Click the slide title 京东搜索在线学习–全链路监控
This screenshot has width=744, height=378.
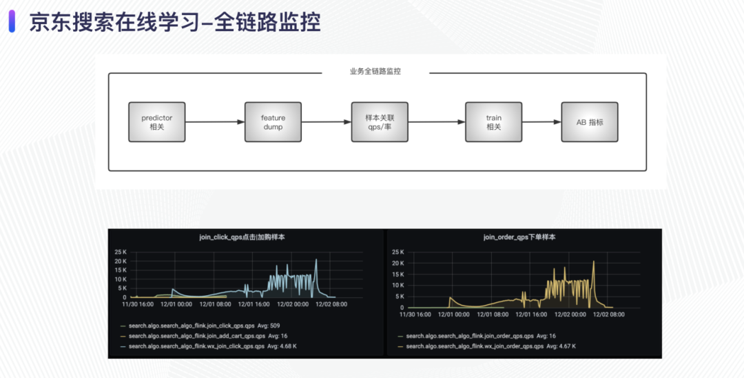click(x=175, y=22)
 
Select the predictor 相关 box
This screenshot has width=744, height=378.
click(x=156, y=122)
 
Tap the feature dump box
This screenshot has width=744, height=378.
click(x=273, y=122)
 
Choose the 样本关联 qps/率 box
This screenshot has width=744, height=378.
click(x=380, y=122)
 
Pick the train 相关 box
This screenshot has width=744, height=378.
click(x=493, y=122)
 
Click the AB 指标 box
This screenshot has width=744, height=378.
click(x=589, y=122)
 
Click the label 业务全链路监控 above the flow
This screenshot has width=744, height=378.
click(x=375, y=72)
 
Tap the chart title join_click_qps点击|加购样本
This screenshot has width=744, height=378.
click(x=242, y=237)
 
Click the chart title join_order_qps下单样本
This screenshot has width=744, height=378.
click(x=519, y=237)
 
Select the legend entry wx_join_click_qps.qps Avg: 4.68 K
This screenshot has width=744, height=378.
click(x=213, y=346)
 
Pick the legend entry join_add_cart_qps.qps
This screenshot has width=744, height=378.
click(x=204, y=336)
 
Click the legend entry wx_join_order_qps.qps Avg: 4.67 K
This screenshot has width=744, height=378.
click(x=490, y=346)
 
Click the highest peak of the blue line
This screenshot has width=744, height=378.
click(x=316, y=259)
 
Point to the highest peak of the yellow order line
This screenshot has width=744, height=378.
click(x=593, y=261)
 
